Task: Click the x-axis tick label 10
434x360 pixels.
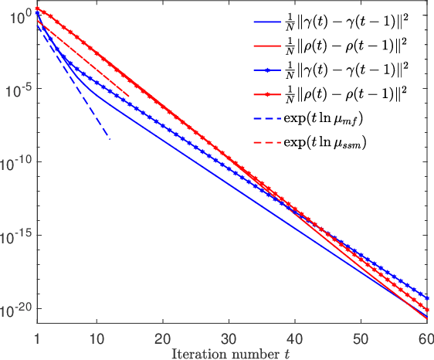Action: (x=96, y=338)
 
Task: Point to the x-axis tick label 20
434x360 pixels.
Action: (x=162, y=338)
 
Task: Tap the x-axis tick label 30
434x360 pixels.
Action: (x=229, y=338)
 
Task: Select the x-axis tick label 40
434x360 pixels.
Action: (x=294, y=338)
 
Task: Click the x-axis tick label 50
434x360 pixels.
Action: (x=361, y=338)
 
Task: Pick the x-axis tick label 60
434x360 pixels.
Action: (x=426, y=338)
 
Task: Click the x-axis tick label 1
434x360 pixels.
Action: (x=37, y=338)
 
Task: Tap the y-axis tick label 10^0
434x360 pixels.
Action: (x=16, y=15)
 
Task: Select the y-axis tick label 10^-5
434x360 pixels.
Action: (x=15, y=88)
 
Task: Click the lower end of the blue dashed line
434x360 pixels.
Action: (x=110, y=139)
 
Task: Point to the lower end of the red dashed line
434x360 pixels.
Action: (x=129, y=96)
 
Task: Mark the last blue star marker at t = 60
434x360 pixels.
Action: (x=427, y=297)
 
